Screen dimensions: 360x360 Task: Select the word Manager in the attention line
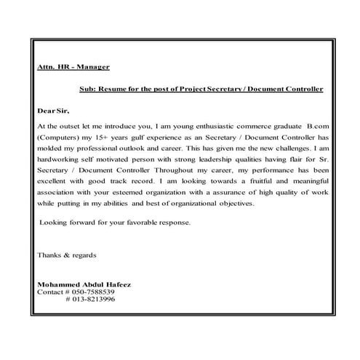click(92, 67)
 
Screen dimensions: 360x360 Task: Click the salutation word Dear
click(46, 111)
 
